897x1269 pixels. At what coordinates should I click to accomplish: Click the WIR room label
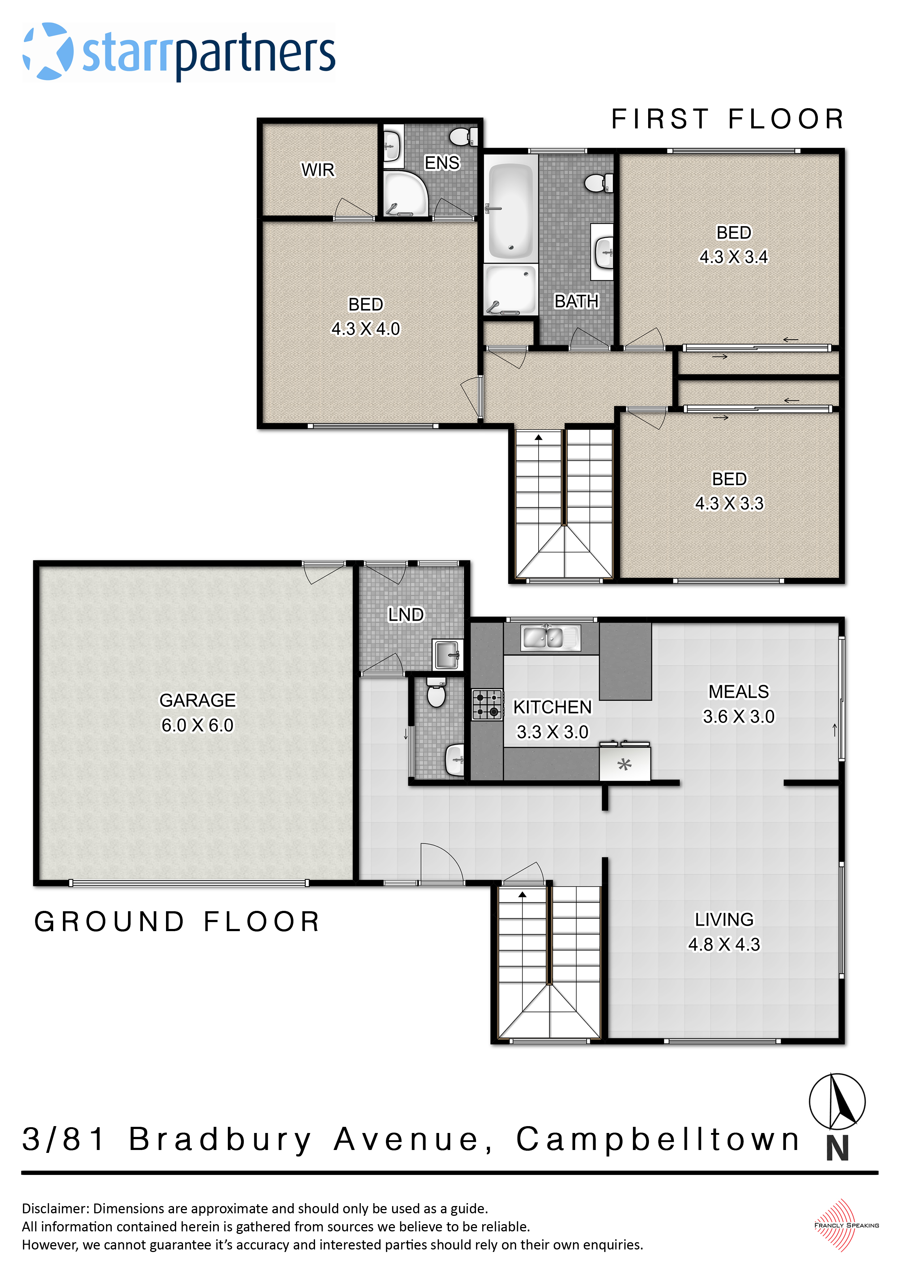point(318,170)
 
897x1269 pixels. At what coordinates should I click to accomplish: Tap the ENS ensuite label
point(442,163)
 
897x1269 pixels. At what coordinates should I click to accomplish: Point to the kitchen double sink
point(550,638)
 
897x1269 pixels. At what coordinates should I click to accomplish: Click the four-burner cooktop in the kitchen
point(487,705)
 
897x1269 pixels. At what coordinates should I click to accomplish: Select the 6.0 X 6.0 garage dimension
point(197,725)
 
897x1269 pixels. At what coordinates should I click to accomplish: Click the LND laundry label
point(406,615)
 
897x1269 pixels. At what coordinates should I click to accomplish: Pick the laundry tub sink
point(447,655)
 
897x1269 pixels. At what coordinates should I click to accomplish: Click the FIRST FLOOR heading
point(727,119)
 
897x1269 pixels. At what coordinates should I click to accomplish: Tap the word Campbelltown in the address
point(658,1139)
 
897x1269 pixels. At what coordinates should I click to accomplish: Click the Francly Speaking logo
point(846,1225)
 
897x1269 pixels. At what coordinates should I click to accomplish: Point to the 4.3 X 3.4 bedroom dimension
point(734,257)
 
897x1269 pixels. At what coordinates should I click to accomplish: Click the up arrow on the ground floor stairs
point(522,894)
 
